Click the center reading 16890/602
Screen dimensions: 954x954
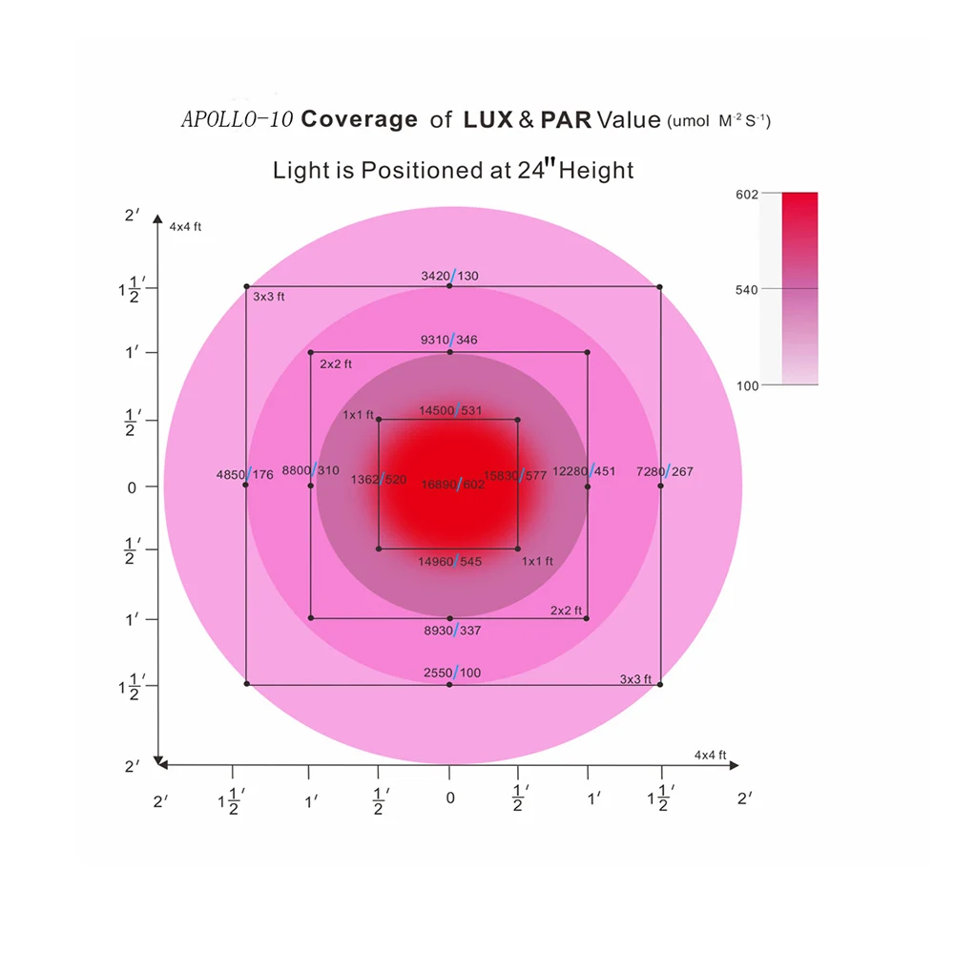[x=453, y=485]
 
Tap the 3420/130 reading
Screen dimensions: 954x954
[x=450, y=276]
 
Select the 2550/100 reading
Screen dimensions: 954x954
[x=452, y=674]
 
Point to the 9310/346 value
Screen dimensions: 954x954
[x=450, y=340]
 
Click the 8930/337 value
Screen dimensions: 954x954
[x=451, y=630]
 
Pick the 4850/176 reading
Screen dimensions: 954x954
[x=245, y=474]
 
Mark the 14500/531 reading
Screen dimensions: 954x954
[x=451, y=410]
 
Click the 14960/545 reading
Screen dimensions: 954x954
[x=450, y=562]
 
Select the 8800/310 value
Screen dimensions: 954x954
[x=311, y=470]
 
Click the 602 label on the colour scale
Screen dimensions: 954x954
[x=747, y=195]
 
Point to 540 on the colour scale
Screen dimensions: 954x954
[x=747, y=289]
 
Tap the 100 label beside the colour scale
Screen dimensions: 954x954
[x=747, y=384]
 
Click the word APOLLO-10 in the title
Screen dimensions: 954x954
[x=237, y=120]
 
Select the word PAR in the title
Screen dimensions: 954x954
[x=567, y=120]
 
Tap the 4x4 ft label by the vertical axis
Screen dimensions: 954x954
[x=185, y=226]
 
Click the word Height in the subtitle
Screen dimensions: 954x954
[x=596, y=171]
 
